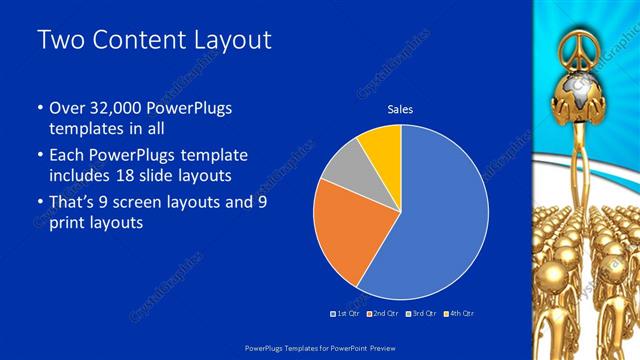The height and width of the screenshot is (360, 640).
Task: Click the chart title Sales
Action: (400, 109)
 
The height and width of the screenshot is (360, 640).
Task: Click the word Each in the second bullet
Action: (67, 156)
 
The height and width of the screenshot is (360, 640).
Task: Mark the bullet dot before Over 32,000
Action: (39, 108)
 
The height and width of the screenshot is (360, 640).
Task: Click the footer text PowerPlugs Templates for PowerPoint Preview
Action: (319, 346)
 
